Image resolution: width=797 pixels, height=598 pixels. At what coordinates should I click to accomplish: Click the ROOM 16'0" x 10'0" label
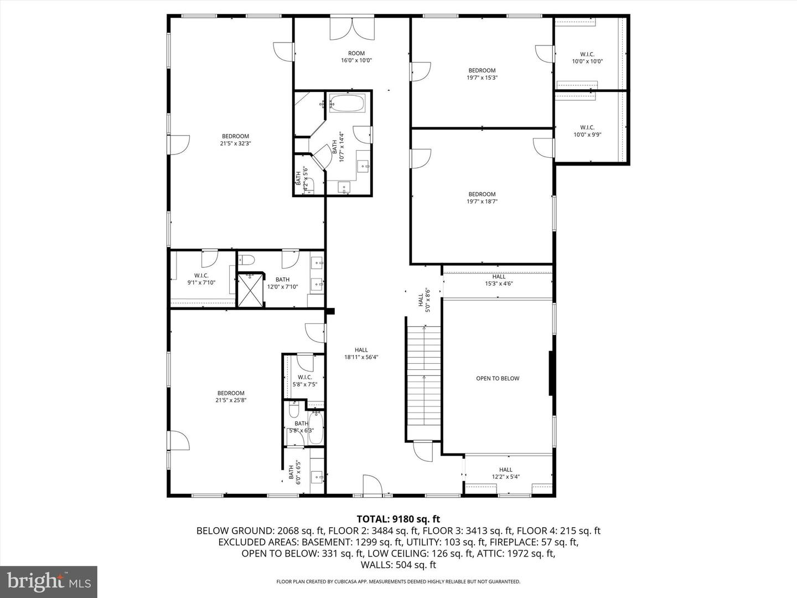click(356, 57)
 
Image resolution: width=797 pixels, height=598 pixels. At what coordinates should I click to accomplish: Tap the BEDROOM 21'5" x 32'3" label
click(235, 140)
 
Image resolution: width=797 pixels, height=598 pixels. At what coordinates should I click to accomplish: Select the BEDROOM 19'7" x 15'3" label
click(482, 74)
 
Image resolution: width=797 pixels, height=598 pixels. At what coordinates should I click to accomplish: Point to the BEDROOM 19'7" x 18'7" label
click(482, 198)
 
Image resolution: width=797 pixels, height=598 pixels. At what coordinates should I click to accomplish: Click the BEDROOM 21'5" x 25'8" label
click(231, 396)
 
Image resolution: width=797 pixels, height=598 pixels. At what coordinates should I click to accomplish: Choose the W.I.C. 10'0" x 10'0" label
click(587, 58)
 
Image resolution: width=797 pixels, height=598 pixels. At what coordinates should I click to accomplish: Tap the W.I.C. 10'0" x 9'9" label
click(587, 131)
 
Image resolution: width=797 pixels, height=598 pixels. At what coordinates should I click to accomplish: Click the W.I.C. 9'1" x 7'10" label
click(201, 279)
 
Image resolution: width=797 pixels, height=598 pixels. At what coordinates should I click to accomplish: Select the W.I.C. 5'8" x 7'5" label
click(304, 381)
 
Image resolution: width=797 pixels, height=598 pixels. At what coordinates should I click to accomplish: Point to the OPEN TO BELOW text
click(498, 379)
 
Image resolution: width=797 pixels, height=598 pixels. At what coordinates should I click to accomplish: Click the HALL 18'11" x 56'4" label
click(361, 353)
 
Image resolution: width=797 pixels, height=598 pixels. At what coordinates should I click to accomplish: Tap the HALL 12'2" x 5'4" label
click(505, 473)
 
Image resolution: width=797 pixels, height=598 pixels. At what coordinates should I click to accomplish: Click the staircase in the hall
click(424, 377)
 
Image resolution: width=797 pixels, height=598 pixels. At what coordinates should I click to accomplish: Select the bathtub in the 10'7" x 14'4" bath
click(348, 103)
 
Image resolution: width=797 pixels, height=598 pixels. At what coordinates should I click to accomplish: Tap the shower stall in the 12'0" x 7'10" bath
click(251, 290)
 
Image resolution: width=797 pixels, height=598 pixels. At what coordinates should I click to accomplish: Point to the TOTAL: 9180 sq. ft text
click(398, 519)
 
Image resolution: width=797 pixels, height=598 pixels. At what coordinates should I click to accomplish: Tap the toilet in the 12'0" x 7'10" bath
click(247, 259)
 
